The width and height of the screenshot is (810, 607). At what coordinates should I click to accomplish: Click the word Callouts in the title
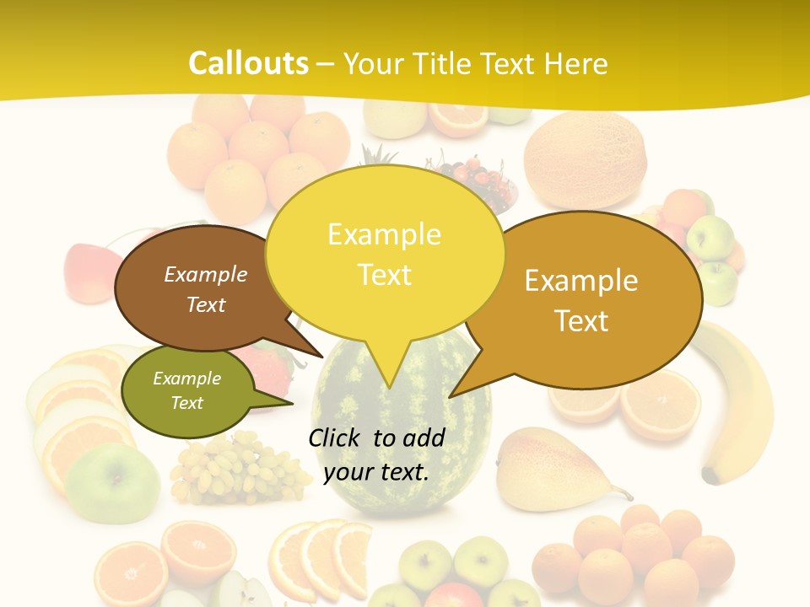point(248,63)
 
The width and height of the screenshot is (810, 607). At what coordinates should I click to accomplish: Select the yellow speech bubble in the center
point(384,253)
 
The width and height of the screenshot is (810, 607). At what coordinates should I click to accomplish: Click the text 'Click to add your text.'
point(376,454)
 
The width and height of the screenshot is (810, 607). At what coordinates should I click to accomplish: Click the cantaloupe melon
point(585,160)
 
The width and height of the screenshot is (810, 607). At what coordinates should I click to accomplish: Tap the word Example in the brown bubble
point(205,274)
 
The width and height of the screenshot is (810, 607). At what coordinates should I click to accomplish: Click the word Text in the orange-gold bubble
point(581,320)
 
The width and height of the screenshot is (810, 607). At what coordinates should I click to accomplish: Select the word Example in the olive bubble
point(186,379)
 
